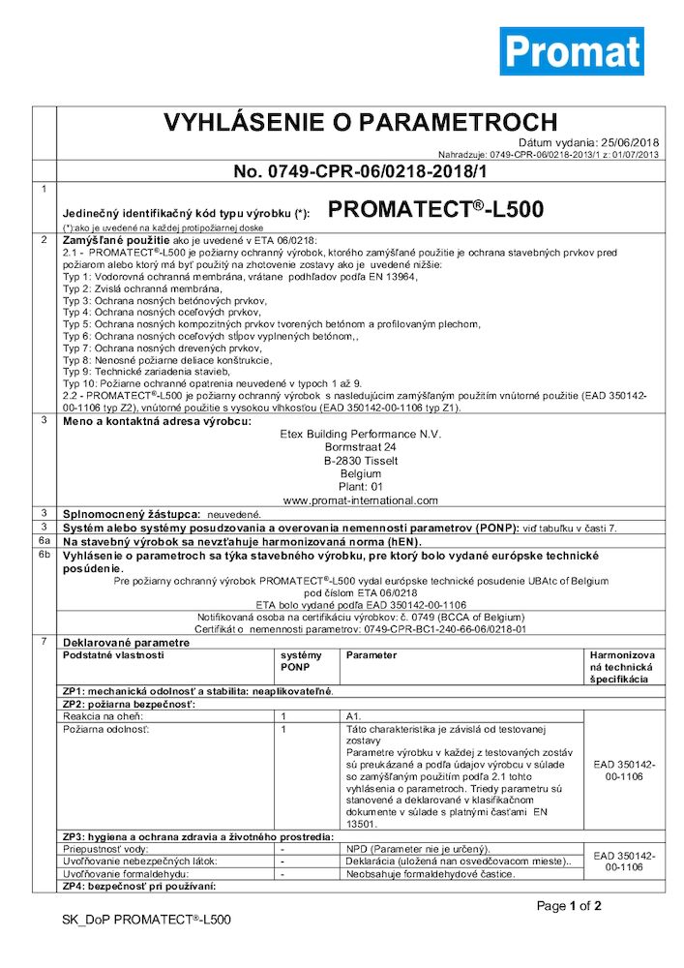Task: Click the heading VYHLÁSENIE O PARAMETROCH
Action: (x=360, y=123)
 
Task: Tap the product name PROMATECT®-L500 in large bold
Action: (x=435, y=210)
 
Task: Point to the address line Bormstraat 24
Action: (x=361, y=448)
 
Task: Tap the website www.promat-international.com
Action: (x=361, y=500)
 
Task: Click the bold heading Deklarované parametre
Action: (x=127, y=641)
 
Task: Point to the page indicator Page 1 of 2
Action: (x=569, y=907)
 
